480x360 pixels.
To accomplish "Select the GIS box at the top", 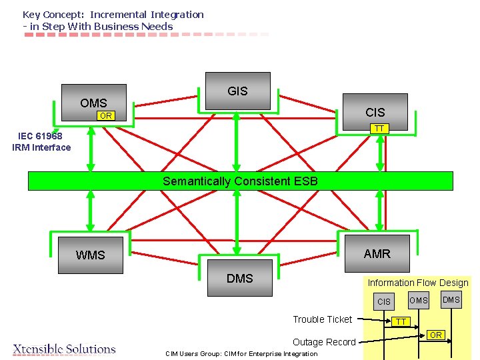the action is click(237, 91).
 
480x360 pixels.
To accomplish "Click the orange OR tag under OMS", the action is click(105, 116).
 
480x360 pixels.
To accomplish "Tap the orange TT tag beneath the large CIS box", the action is click(379, 129).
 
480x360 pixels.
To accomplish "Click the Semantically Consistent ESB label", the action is click(240, 181).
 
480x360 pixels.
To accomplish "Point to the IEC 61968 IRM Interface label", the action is click(41, 142).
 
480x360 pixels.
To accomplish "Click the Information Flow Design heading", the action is click(418, 283).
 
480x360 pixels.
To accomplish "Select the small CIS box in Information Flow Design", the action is click(384, 301).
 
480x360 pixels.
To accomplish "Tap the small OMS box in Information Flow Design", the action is click(419, 300).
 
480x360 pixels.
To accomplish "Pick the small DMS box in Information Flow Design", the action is click(451, 300).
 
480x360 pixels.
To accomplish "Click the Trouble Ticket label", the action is click(323, 319).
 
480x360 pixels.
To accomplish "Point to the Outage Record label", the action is click(325, 342).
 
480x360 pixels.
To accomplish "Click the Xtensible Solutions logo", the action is click(65, 349).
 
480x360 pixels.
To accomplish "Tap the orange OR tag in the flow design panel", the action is click(435, 334).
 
